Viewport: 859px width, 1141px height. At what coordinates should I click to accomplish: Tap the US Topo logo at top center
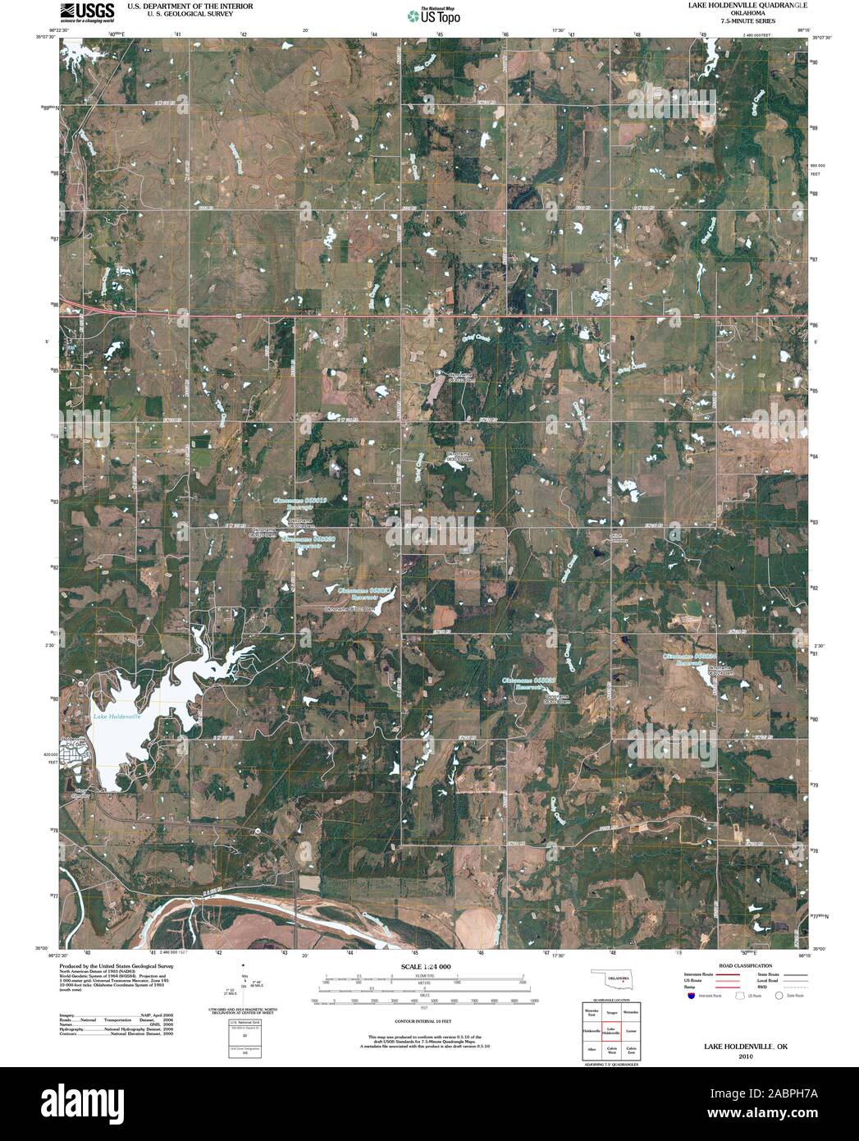434,15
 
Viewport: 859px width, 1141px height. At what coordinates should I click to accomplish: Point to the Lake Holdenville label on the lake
117,717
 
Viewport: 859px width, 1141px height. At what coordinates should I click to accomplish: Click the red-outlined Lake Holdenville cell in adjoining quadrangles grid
611,1029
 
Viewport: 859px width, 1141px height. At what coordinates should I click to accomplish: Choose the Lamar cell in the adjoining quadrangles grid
631,1029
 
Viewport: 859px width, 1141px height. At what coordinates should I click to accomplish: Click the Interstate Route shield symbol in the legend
692,995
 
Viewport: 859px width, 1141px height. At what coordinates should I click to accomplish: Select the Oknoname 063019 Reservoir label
299,502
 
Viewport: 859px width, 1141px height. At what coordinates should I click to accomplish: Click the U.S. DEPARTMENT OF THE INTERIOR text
190,5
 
